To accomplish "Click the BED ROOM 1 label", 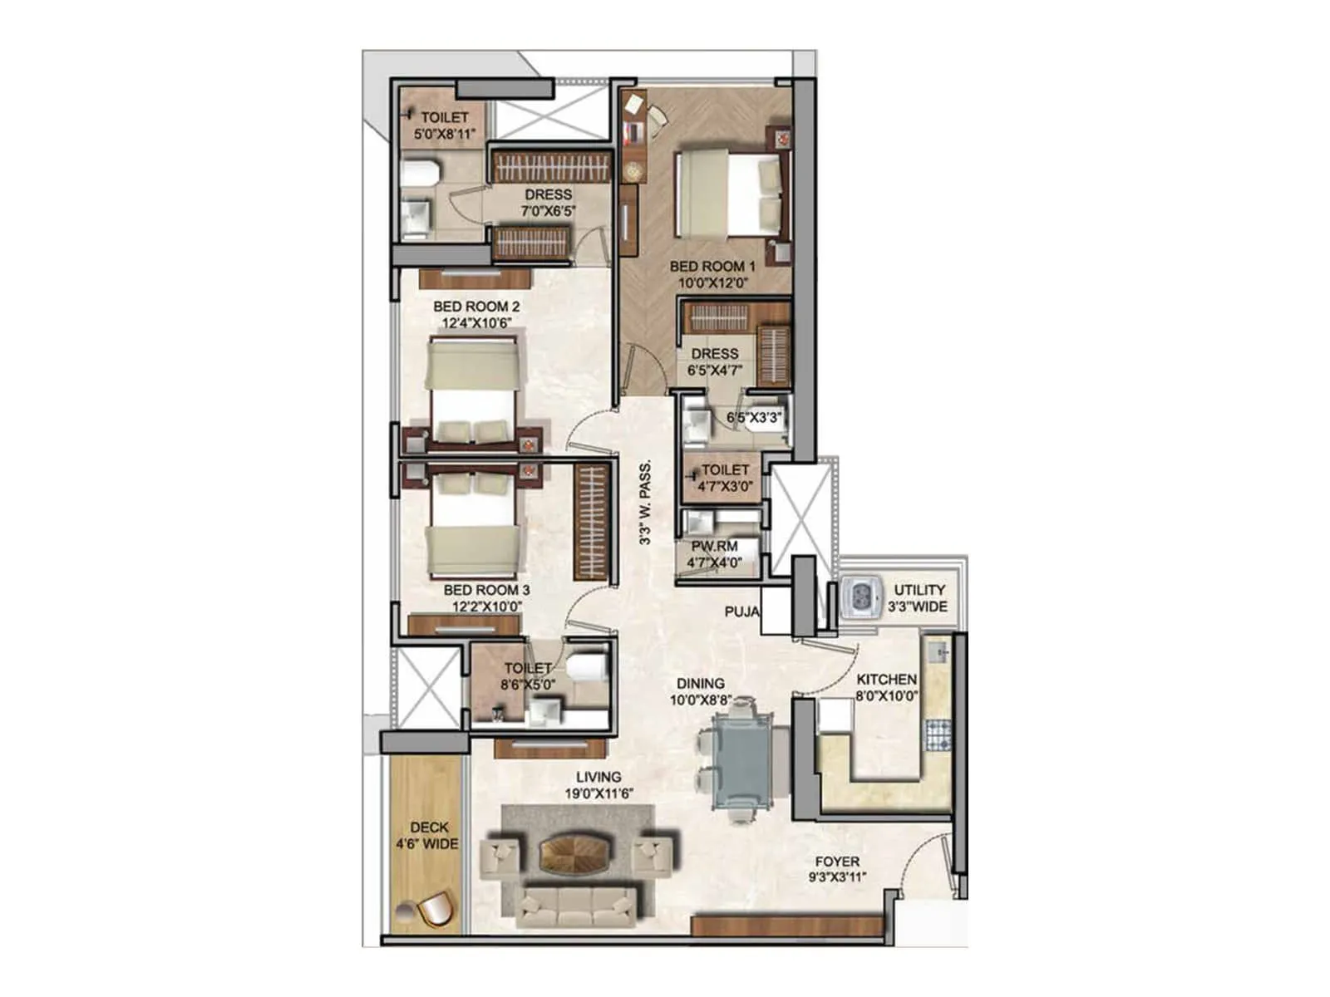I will point(712,267).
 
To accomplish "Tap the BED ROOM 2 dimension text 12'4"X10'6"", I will point(476,323).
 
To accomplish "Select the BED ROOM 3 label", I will point(486,590).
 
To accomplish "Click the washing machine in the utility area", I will point(860,597).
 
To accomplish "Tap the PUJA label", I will point(742,611).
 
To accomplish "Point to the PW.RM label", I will point(714,547).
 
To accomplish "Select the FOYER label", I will point(837,862).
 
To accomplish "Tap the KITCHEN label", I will point(886,679).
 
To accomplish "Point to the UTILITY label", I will point(919,590).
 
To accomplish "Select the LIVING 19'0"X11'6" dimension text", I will point(598,793).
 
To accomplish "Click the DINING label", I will point(700,684).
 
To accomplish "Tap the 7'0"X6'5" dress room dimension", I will point(548,211).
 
